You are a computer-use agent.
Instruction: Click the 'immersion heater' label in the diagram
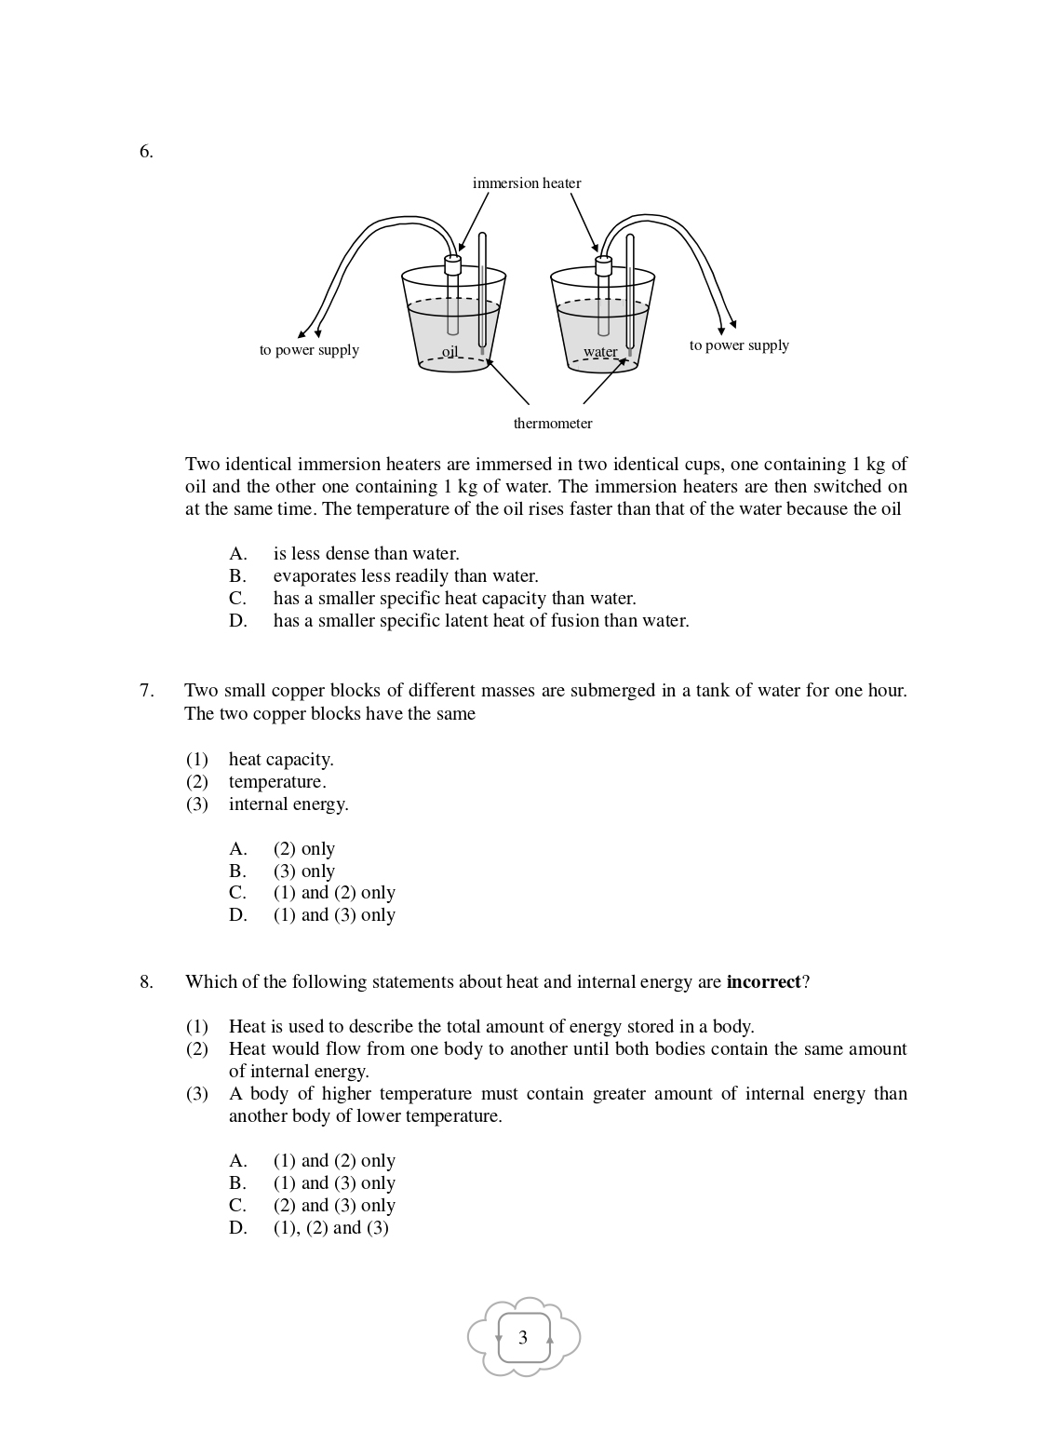click(526, 183)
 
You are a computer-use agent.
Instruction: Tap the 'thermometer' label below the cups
click(553, 424)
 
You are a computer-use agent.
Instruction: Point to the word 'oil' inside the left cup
click(450, 352)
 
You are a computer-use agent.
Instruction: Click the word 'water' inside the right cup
click(600, 352)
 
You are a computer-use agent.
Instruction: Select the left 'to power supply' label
click(309, 350)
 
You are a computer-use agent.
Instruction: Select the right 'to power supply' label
click(739, 345)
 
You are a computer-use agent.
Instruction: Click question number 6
click(146, 152)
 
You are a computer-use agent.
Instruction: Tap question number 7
click(146, 691)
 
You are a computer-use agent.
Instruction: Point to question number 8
click(146, 982)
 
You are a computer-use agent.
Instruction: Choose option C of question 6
click(454, 599)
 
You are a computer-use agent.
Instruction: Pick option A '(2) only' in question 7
click(303, 849)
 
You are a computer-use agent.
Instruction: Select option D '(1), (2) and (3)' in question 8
click(330, 1228)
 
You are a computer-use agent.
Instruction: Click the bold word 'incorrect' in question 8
click(763, 982)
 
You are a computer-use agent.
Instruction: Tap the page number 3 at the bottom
click(523, 1338)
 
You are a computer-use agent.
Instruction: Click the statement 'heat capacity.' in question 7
click(281, 760)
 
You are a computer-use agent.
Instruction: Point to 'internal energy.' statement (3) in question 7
click(289, 804)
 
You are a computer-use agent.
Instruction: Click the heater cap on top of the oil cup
click(453, 264)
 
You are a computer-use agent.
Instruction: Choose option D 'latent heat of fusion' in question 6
click(481, 621)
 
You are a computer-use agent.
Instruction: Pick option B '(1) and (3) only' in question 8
click(334, 1183)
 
